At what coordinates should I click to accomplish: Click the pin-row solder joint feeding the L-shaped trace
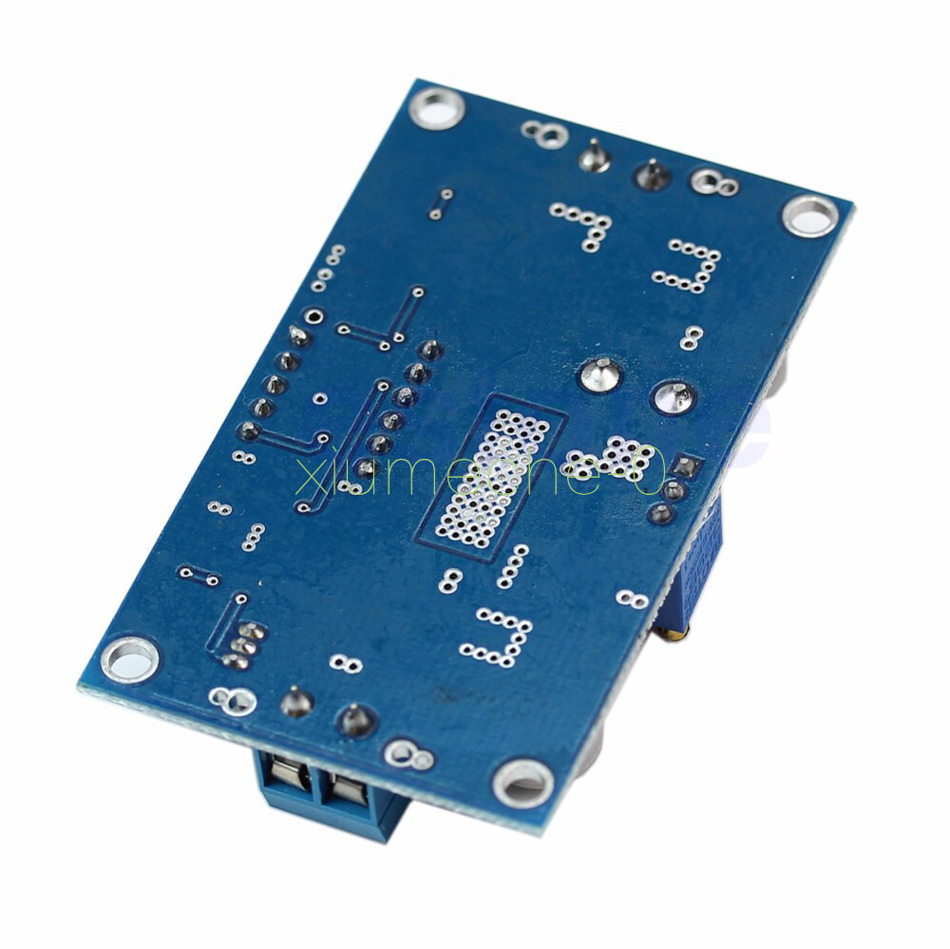point(251,431)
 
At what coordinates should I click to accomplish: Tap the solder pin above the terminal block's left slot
point(297,701)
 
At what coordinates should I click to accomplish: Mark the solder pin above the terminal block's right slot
point(356,720)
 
